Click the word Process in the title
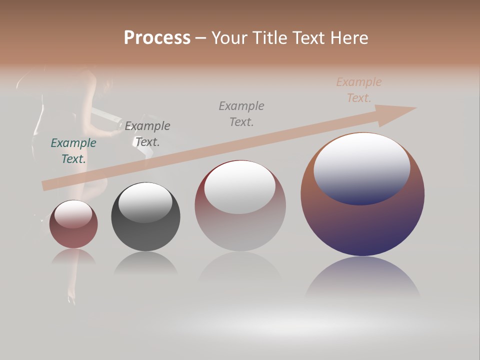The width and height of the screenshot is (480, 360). coord(157,38)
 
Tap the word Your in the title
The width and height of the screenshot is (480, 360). coord(230,38)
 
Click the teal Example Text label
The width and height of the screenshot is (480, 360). coord(73,151)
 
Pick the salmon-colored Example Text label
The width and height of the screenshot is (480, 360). coord(359,90)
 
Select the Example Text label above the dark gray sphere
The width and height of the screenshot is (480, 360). coord(147,134)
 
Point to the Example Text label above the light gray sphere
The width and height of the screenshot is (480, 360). coord(241,113)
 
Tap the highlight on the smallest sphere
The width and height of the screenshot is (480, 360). coord(73,213)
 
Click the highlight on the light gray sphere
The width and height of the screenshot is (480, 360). coord(240,186)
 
